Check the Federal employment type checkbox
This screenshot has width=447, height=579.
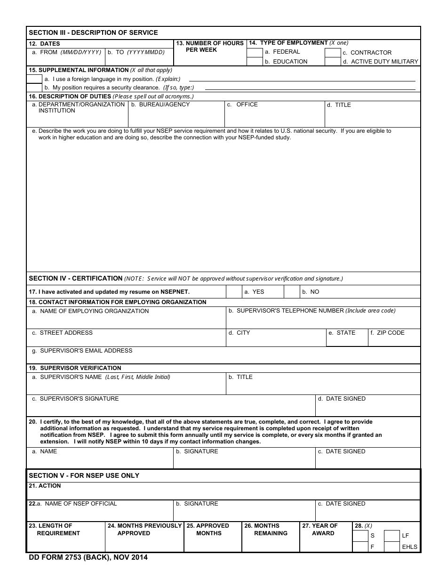pos(255,52)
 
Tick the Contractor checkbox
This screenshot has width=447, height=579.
pos(333,53)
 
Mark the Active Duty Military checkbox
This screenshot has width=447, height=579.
pos(333,62)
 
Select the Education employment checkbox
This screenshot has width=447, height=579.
pos(255,62)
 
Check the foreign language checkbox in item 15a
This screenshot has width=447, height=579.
pos(34,79)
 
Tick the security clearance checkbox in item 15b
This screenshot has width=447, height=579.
pos(34,88)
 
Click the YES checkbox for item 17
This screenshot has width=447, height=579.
pos(234,292)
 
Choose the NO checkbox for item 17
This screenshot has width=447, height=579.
pos(292,292)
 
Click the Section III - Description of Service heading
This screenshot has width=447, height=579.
pos(93,32)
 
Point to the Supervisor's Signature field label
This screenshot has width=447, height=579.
pos(79,399)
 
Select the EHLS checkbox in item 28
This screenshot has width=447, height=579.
pos(392,547)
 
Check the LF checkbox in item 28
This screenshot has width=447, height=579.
pos(392,536)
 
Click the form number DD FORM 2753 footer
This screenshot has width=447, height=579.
pos(88,558)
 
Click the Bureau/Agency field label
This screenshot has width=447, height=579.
pos(164,105)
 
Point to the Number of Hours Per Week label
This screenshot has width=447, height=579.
pos(210,47)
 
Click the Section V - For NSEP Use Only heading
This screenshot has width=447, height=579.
pos(84,475)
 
